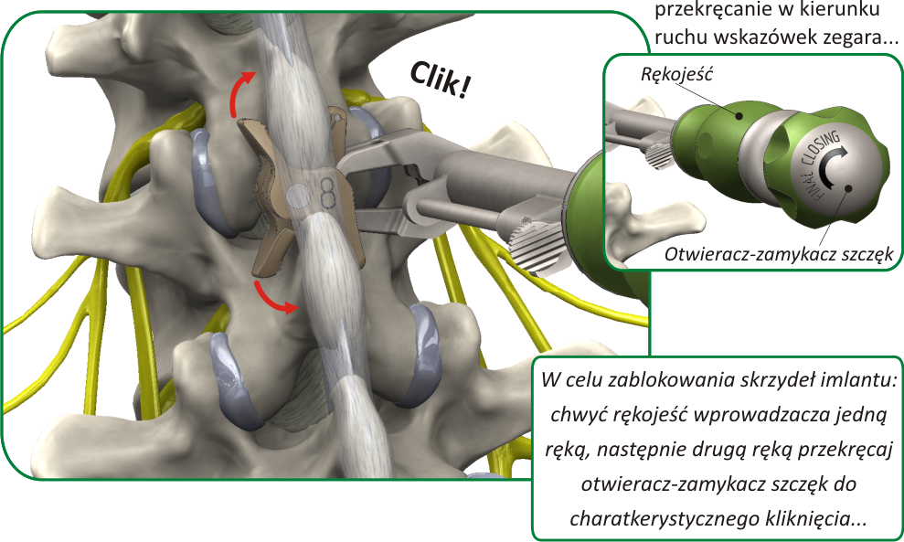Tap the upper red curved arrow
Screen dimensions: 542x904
(x=239, y=92)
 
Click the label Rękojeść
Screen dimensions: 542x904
(x=675, y=79)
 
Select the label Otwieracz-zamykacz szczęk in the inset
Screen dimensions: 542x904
(x=779, y=256)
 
